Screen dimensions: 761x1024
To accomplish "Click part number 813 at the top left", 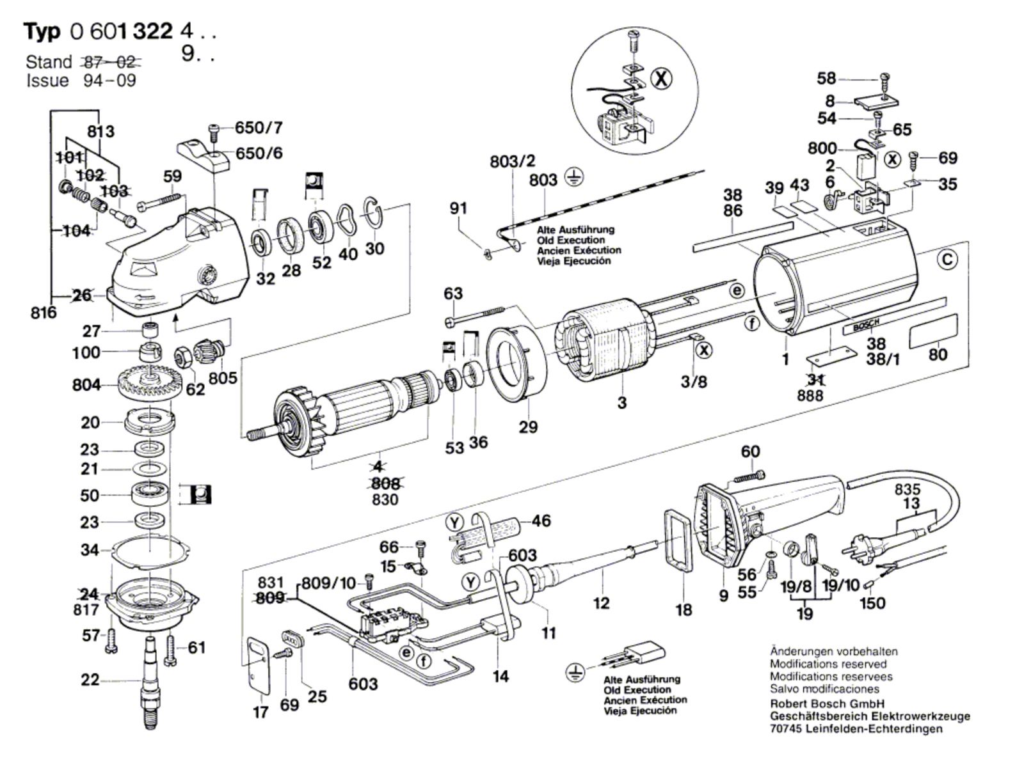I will [101, 132].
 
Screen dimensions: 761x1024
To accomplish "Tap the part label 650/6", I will [259, 153].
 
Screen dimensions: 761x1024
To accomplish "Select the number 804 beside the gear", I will [86, 385].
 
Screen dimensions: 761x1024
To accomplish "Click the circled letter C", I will [947, 260].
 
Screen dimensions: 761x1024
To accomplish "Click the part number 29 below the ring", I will [528, 427].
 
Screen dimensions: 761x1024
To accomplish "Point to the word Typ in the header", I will [42, 31].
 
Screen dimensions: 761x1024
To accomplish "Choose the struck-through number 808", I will [385, 483].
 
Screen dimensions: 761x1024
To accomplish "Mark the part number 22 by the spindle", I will [90, 679].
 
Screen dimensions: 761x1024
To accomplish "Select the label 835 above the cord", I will [908, 490].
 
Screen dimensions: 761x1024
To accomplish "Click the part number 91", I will [458, 208].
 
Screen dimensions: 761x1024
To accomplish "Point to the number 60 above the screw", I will [750, 451].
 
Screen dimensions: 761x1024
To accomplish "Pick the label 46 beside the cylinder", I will [541, 521].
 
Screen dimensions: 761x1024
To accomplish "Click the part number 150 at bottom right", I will [872, 602].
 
